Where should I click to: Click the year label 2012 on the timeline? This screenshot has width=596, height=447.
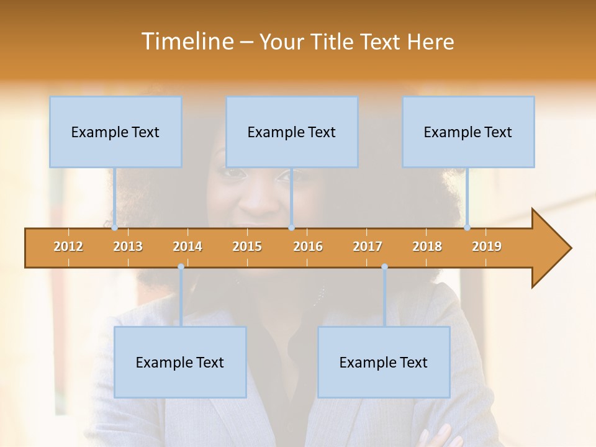[x=68, y=246]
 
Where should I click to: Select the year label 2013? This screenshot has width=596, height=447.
[x=128, y=246]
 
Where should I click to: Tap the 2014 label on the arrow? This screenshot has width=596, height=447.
[x=187, y=246]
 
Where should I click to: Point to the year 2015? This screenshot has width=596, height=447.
[x=247, y=246]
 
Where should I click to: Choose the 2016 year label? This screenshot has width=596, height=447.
[x=308, y=246]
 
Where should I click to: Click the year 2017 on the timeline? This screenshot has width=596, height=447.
[x=368, y=246]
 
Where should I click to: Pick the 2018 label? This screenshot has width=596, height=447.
[x=427, y=246]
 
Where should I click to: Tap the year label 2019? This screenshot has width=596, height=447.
[x=487, y=246]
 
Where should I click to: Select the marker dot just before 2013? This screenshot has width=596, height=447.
[x=115, y=227]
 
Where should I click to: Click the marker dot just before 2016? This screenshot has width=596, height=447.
[x=291, y=227]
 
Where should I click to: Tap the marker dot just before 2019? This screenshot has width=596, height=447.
[x=467, y=227]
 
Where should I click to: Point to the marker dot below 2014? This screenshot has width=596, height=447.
[x=181, y=267]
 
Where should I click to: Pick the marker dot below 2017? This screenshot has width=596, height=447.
[x=384, y=267]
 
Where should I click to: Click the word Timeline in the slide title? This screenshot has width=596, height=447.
[x=186, y=42]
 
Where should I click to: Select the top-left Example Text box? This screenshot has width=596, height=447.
[x=115, y=132]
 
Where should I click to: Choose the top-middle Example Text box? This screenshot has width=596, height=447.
[x=292, y=132]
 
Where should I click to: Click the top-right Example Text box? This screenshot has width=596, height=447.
[x=468, y=132]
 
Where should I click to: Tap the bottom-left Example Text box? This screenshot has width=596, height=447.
[x=180, y=362]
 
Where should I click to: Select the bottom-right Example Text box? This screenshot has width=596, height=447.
[x=384, y=362]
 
